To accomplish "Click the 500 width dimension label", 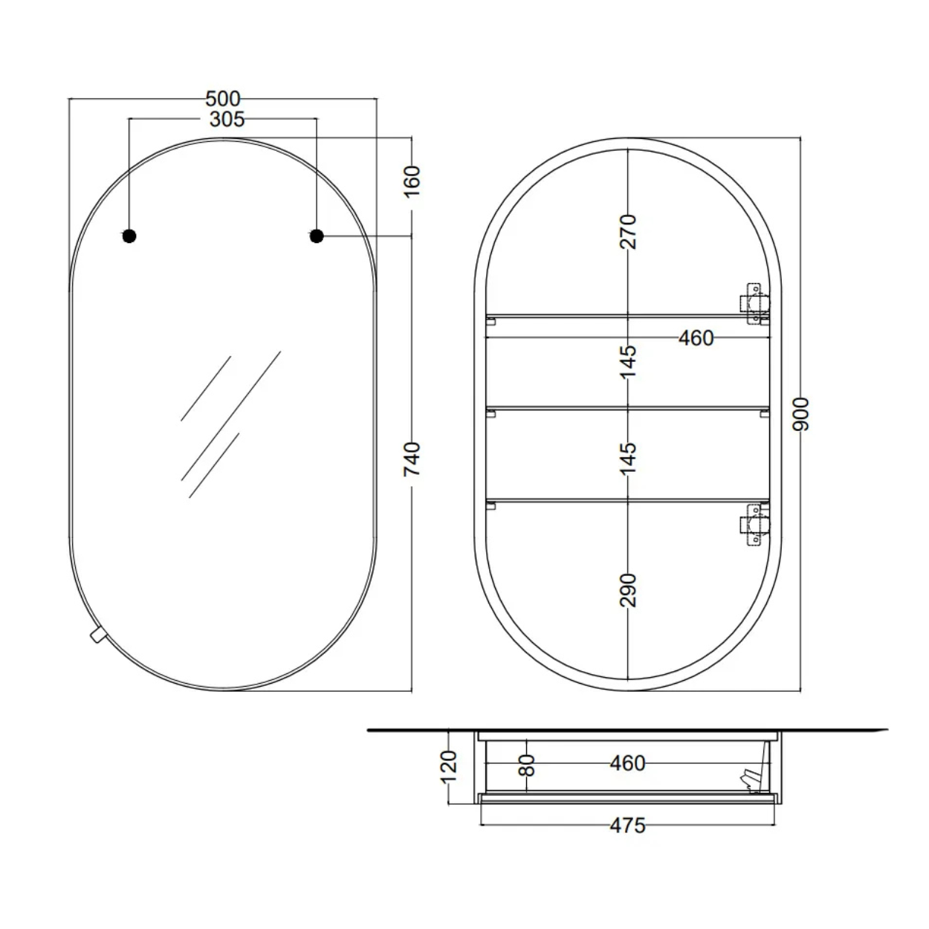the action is point(222,99).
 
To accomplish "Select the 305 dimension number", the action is point(227,119).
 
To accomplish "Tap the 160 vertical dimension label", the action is point(412,181).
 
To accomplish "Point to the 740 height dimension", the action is point(412,459).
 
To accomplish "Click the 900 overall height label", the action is point(800,414).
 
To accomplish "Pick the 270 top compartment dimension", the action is point(628,232).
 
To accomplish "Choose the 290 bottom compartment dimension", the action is point(628,589).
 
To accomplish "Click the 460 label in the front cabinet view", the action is point(696,338).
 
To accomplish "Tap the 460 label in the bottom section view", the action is point(627,763).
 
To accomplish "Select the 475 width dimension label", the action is point(627,826).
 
